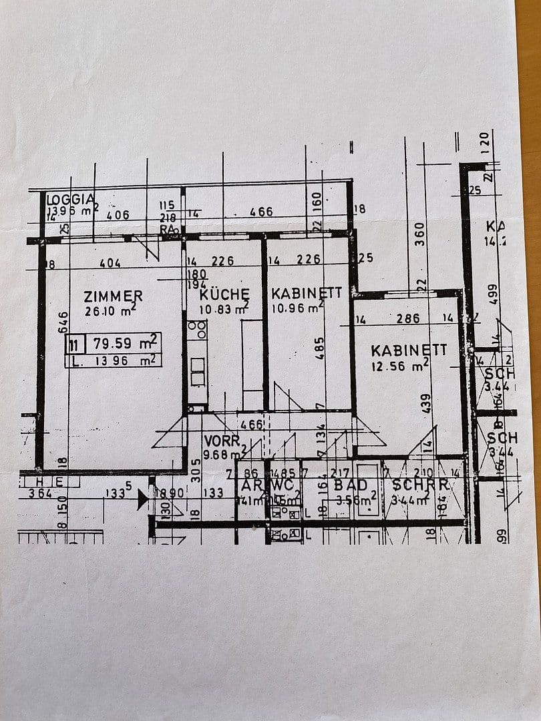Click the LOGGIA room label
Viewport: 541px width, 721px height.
[x=70, y=199]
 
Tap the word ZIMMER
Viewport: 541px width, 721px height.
[x=113, y=296]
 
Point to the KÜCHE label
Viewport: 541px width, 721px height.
[x=224, y=294]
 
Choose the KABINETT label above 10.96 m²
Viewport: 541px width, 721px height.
[x=307, y=293]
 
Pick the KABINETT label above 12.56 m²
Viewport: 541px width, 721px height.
[x=409, y=350]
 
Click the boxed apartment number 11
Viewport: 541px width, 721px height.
[x=75, y=344]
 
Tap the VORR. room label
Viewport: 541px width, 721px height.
[x=222, y=441]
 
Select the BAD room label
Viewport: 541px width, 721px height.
[x=350, y=485]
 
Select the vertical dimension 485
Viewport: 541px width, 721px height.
[x=320, y=348]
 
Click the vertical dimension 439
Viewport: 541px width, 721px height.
[x=426, y=402]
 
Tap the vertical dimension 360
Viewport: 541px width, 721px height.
[x=419, y=234]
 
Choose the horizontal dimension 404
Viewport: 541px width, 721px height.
[x=110, y=263]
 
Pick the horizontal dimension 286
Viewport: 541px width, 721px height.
[x=408, y=319]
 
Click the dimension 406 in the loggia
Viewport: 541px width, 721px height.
[x=118, y=215]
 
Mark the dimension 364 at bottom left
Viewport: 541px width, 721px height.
[x=40, y=494]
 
